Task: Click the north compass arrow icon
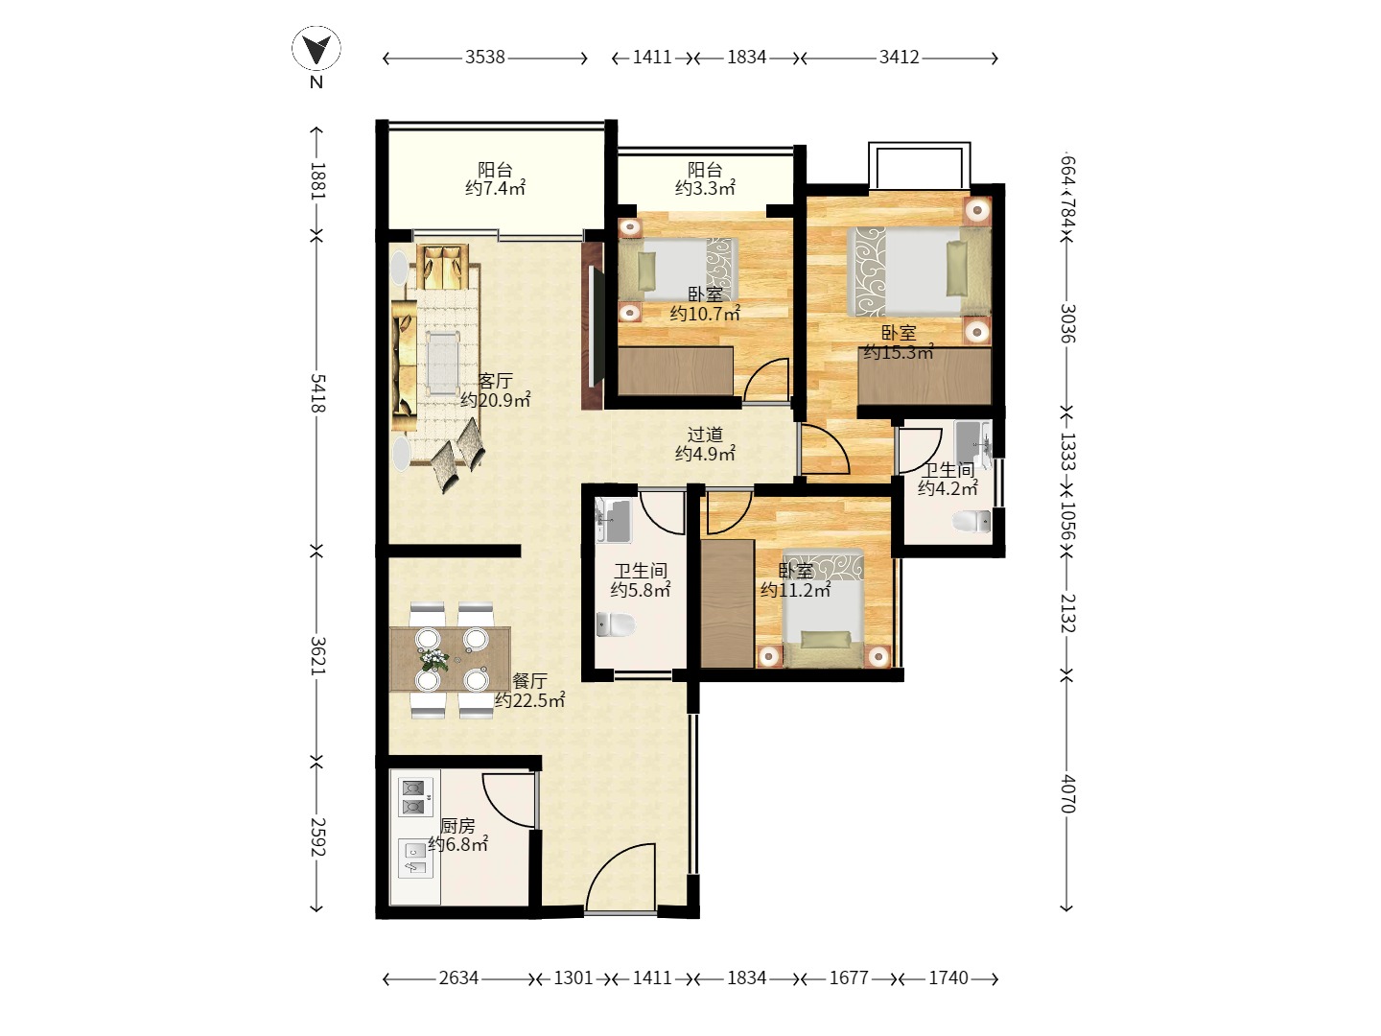point(316,49)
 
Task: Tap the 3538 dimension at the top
point(485,58)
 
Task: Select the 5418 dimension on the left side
point(317,393)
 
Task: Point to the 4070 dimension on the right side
point(1067,793)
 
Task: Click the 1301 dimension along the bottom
point(573,978)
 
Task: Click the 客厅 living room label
point(495,381)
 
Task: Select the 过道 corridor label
point(705,435)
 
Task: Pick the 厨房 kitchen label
point(457,825)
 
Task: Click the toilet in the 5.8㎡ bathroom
point(616,624)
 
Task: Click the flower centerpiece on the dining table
point(434,660)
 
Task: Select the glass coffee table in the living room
point(443,364)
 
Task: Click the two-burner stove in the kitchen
point(415,797)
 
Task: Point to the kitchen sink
point(415,859)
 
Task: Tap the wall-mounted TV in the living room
point(597,326)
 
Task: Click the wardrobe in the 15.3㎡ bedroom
point(925,377)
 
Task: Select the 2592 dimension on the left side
point(317,837)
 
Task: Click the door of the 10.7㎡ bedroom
point(764,379)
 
